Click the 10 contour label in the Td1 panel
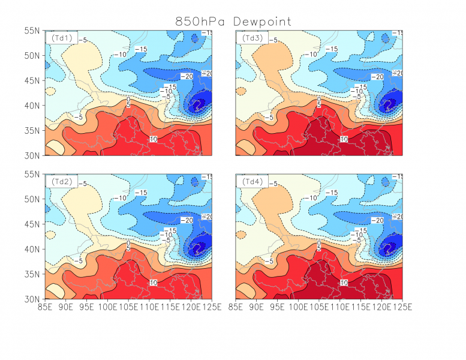153,139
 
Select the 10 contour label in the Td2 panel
153,282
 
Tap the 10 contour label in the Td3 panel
344,139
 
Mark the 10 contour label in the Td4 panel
344,282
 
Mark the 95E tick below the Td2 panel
88,307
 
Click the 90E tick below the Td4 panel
257,307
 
